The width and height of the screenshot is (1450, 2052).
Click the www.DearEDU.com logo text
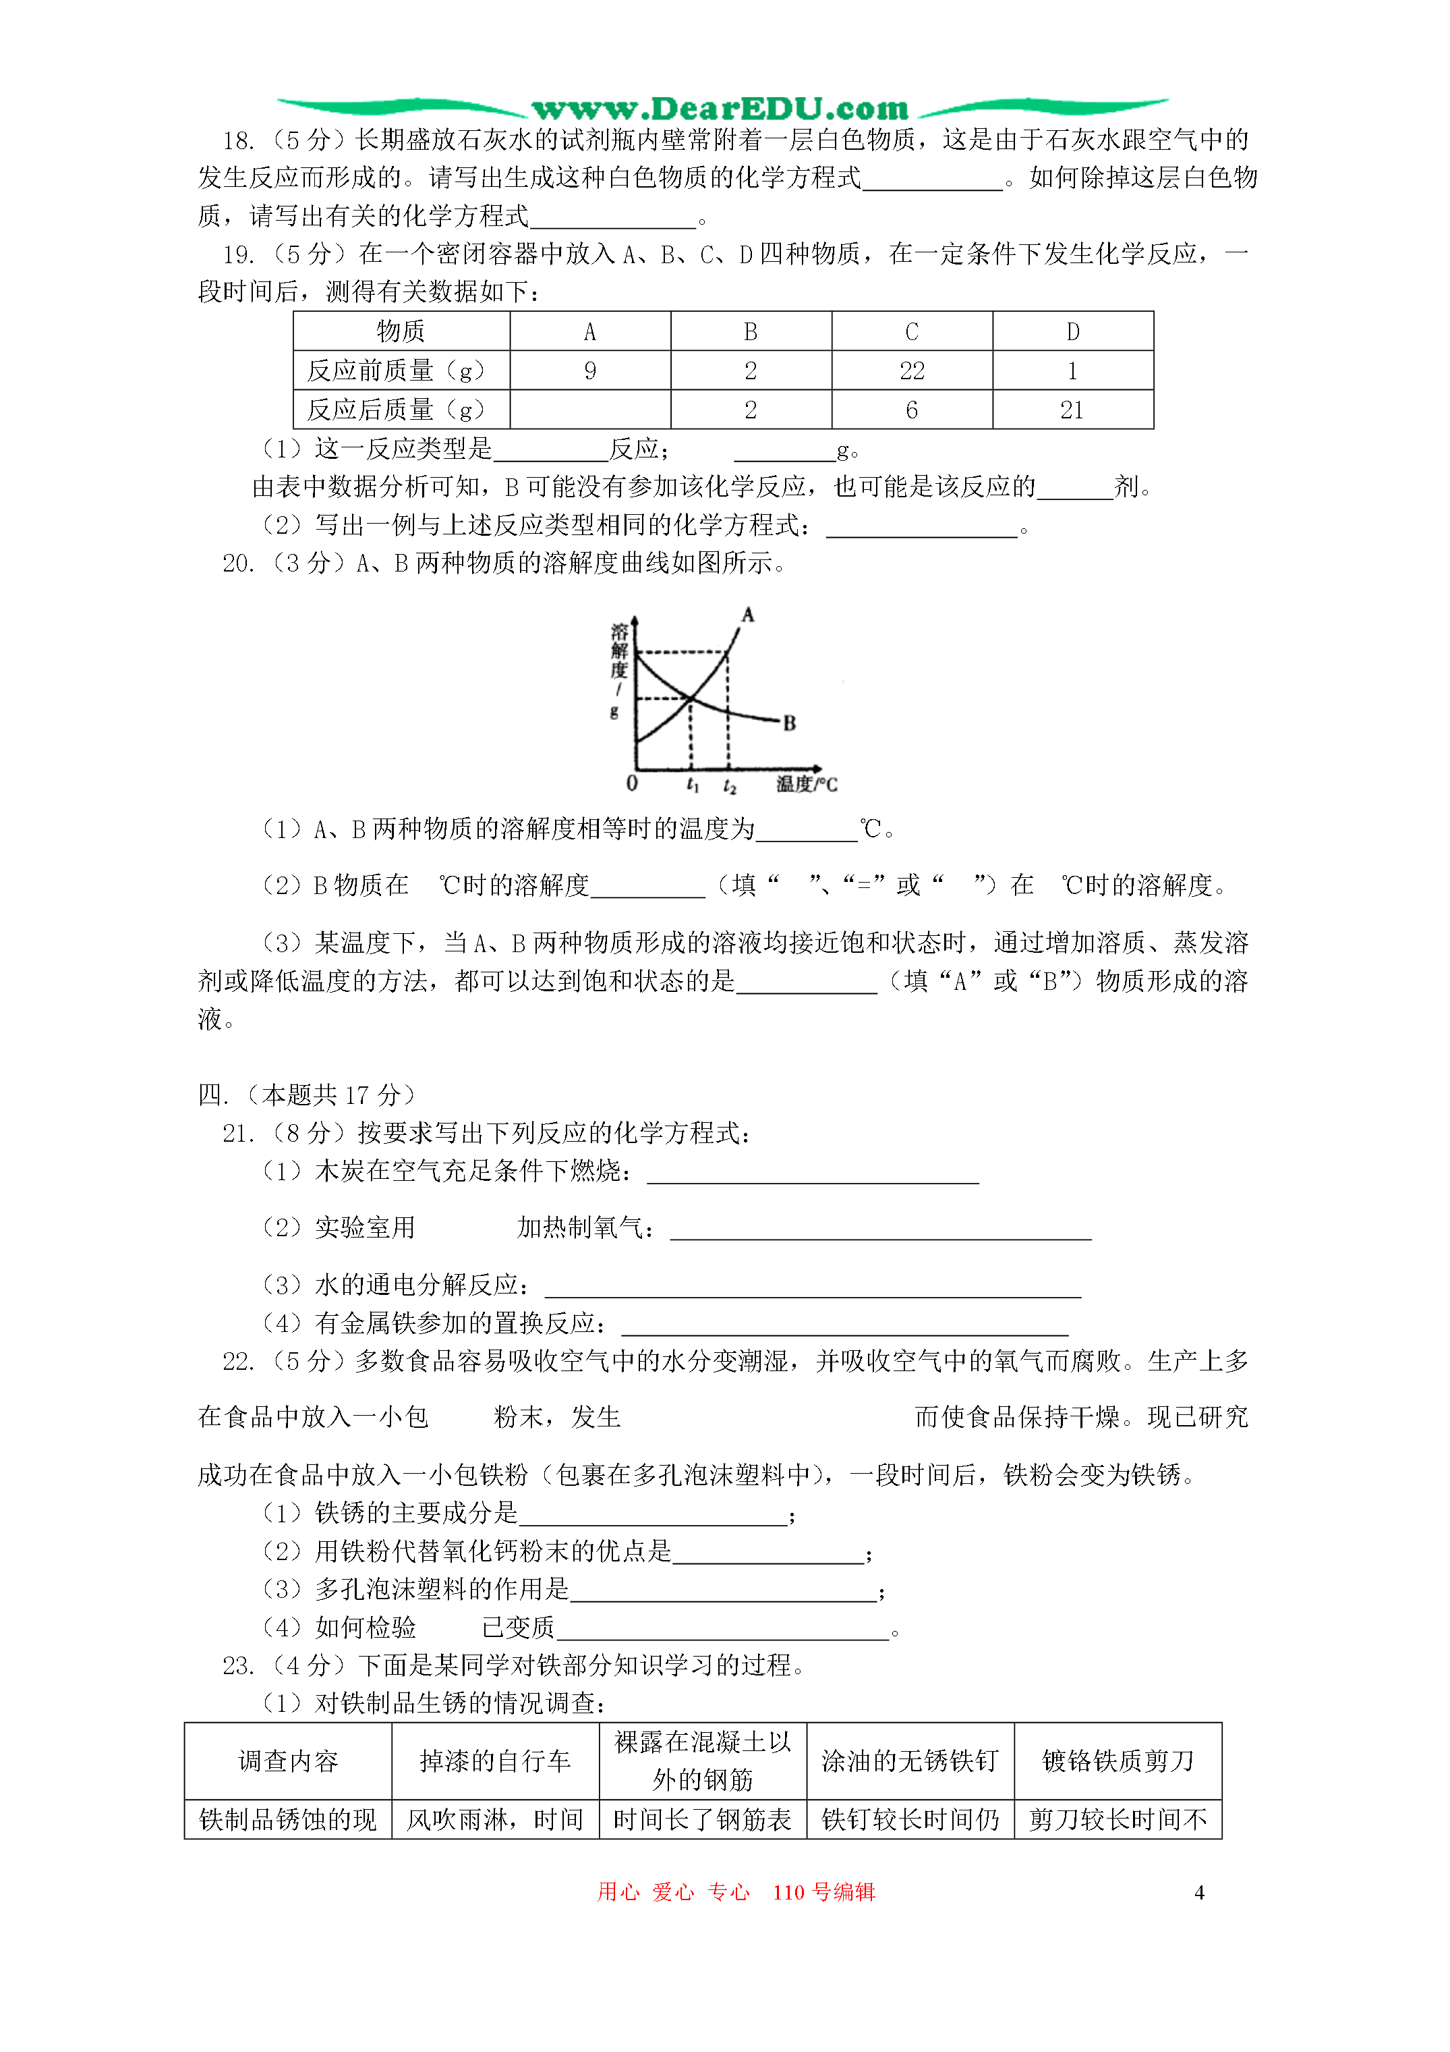[x=720, y=109]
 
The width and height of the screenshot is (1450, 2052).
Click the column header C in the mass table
[x=911, y=331]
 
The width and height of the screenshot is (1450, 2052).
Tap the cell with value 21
[x=1072, y=410]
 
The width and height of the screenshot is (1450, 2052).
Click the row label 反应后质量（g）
[x=396, y=410]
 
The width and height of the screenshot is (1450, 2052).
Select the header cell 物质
[x=400, y=331]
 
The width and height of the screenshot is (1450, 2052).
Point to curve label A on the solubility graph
[x=748, y=615]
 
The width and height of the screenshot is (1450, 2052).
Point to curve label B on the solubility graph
[x=789, y=723]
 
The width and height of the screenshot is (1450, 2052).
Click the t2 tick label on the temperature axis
[x=729, y=785]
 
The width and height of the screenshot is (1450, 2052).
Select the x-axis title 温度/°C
[x=806, y=785]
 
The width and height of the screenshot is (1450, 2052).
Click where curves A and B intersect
[x=691, y=697]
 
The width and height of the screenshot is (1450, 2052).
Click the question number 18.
[x=237, y=140]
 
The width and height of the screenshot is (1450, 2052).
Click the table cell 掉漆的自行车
[x=495, y=1760]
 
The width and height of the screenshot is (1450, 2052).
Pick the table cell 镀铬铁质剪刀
[x=1117, y=1760]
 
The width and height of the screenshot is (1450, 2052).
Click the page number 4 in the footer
[x=1199, y=1892]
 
